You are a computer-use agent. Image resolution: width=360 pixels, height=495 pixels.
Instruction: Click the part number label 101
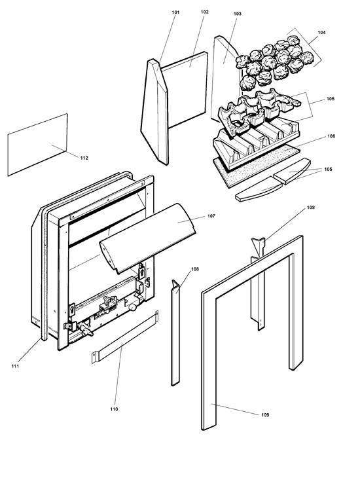175,12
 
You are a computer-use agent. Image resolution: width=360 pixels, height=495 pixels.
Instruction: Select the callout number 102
205,12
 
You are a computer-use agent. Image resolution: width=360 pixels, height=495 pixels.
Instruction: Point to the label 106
331,136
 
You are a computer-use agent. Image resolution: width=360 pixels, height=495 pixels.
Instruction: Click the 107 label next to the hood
211,215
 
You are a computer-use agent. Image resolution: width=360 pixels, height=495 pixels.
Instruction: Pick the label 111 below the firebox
15,366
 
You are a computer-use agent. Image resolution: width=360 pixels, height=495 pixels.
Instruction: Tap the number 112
84,158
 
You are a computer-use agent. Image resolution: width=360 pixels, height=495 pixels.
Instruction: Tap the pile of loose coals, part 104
272,62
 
